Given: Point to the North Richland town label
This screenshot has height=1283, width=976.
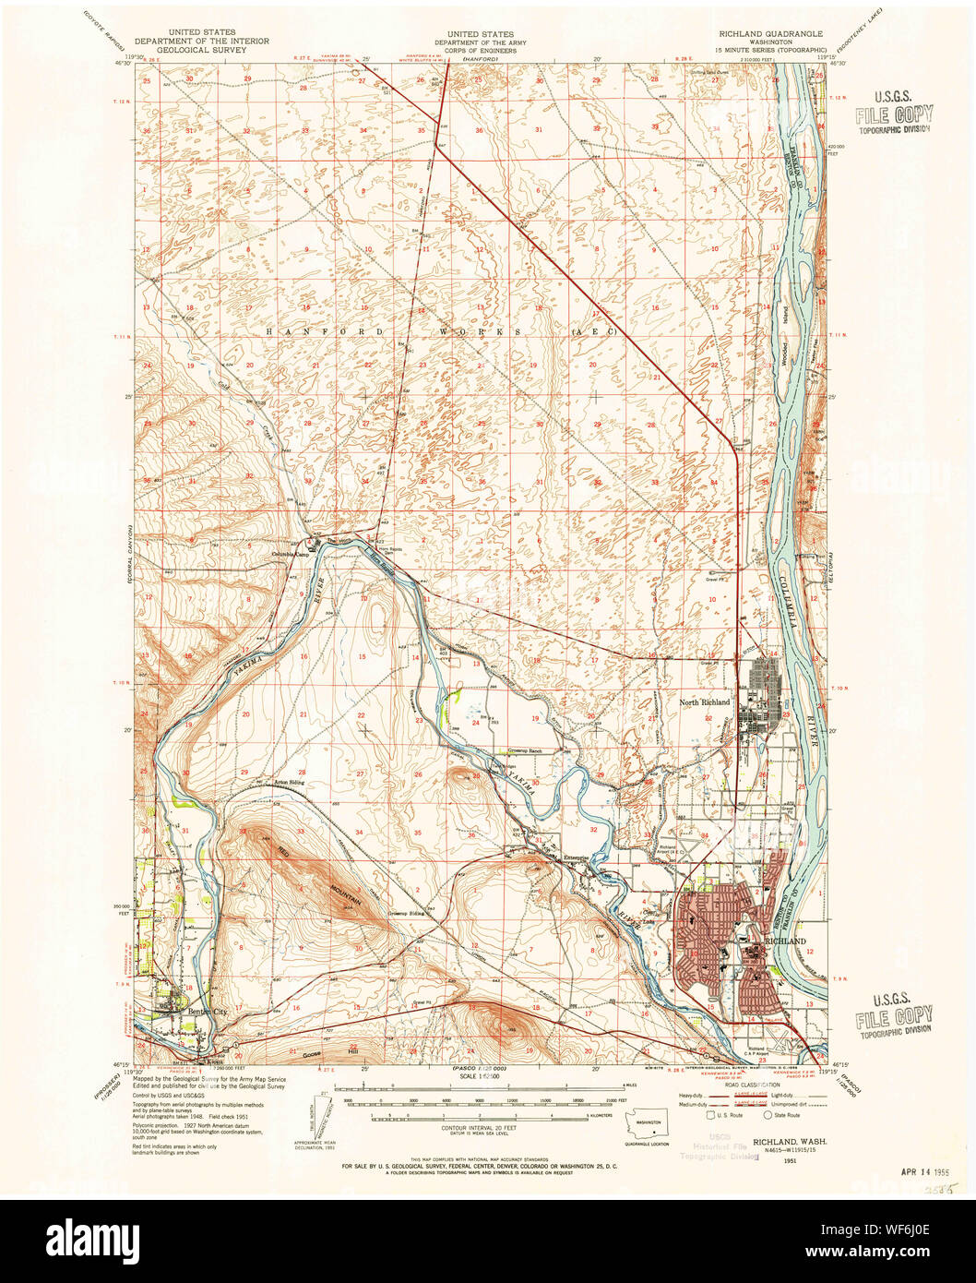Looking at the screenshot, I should tap(704, 702).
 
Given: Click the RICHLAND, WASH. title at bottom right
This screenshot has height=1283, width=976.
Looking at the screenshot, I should tap(789, 1142).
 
